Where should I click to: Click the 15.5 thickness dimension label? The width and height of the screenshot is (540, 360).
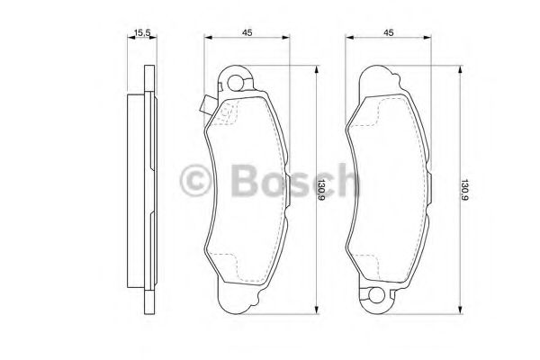(140, 33)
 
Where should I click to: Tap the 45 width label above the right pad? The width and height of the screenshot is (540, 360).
(389, 33)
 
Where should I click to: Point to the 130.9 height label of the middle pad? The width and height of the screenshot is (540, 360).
(321, 190)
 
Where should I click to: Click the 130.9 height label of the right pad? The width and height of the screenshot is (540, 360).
(464, 190)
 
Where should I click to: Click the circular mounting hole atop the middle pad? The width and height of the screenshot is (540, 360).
(237, 85)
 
